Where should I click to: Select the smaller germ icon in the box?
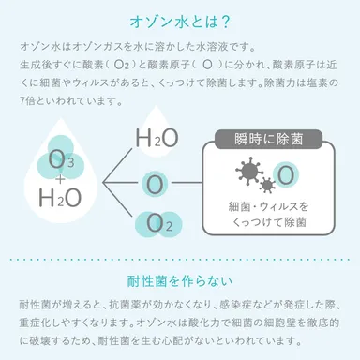(x=269, y=183)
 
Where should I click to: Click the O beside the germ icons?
(x=287, y=173)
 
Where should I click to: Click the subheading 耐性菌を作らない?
(x=180, y=281)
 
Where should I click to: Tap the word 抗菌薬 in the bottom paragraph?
(x=124, y=307)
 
